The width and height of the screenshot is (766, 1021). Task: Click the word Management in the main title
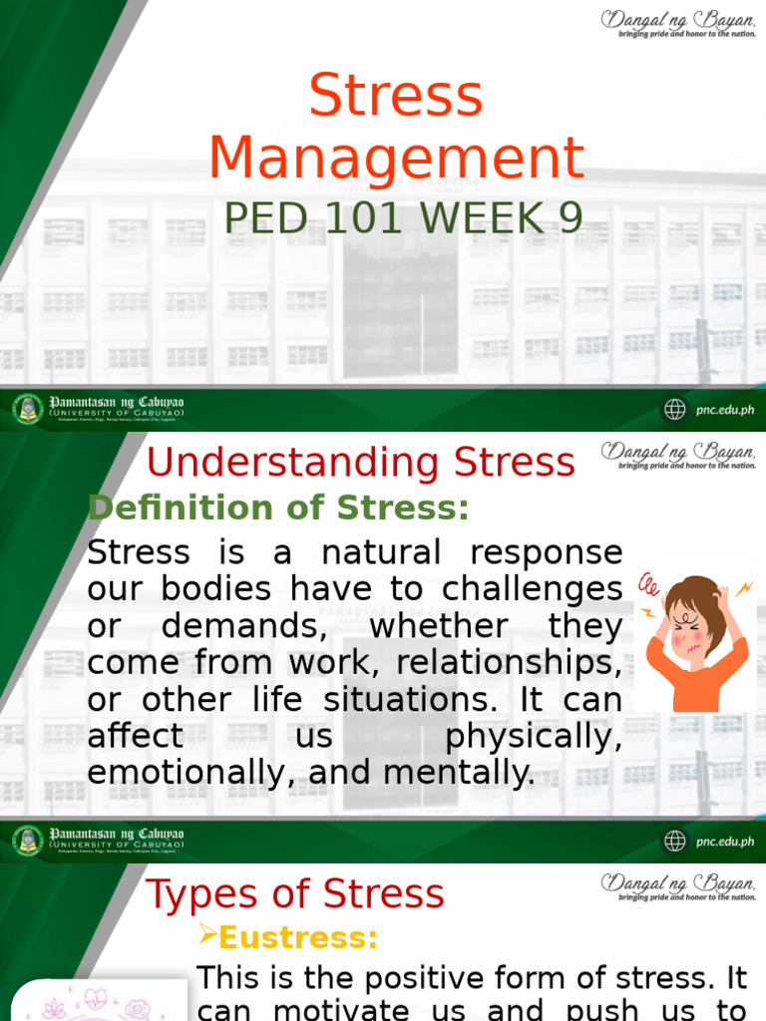click(x=396, y=158)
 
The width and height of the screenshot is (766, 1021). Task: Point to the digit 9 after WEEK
click(x=571, y=218)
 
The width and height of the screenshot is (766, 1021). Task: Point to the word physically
click(x=534, y=736)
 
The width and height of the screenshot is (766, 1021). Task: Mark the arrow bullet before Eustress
click(x=208, y=935)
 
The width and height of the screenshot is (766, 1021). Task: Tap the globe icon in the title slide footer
click(x=675, y=409)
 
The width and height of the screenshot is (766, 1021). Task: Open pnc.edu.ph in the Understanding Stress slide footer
click(x=724, y=842)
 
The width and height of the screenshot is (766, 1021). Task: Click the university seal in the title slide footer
click(x=28, y=409)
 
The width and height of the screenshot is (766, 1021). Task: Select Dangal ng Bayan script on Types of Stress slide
click(x=678, y=882)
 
